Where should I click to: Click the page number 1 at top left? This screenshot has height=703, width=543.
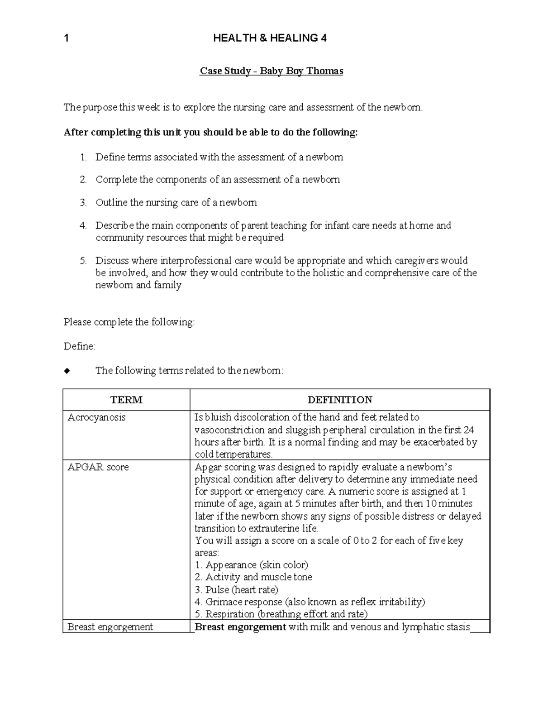click(67, 38)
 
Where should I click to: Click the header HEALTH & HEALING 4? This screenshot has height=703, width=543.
click(270, 38)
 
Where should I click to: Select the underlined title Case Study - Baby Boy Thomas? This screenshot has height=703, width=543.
click(271, 71)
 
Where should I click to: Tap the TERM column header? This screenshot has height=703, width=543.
click(126, 400)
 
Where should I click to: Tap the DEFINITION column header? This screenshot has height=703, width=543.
click(340, 400)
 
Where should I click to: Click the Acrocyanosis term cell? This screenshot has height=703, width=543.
click(96, 417)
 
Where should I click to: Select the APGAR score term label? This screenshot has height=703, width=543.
click(98, 467)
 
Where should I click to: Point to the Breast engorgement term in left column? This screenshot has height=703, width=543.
click(110, 627)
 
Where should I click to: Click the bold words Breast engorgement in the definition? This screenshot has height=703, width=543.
click(240, 627)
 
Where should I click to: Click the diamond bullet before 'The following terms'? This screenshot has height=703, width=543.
click(67, 371)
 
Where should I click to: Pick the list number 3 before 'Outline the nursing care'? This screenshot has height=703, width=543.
click(83, 203)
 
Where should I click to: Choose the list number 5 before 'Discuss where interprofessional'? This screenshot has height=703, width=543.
click(83, 261)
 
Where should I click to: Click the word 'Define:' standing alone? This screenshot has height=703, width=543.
click(80, 346)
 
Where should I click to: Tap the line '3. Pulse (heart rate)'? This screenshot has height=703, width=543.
click(236, 590)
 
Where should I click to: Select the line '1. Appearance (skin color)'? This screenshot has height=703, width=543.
click(251, 565)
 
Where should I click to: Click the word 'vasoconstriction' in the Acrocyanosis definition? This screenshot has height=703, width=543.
click(225, 430)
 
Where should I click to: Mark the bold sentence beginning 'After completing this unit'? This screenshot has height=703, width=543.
click(210, 132)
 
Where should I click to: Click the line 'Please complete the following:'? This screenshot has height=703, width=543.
click(129, 322)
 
